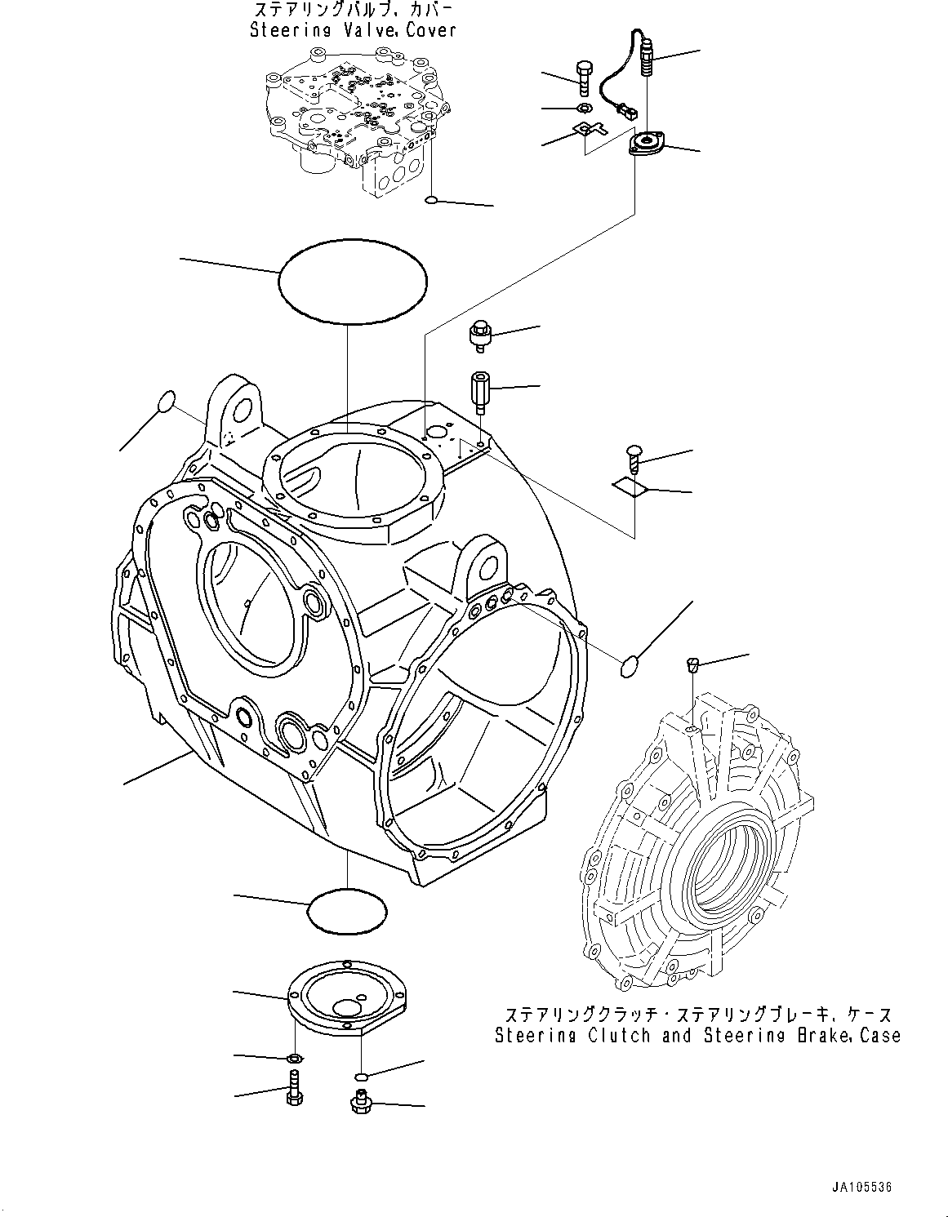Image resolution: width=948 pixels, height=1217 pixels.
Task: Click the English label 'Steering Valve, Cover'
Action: tap(352, 30)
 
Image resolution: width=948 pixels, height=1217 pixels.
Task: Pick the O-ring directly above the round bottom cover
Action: tap(347, 910)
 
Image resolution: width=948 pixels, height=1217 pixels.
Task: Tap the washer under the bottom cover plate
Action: tap(294, 1059)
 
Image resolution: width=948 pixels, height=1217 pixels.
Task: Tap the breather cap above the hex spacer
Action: tap(479, 335)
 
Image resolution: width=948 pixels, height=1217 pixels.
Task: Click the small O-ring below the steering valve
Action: tap(434, 201)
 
